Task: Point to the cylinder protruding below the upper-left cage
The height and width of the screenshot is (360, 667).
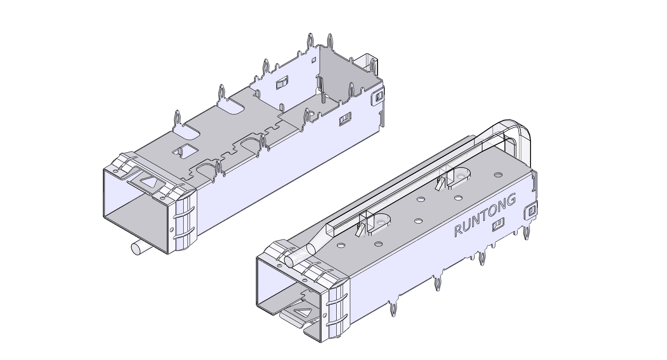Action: coord(138,248)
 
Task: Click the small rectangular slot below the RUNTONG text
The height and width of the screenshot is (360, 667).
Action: coord(498,225)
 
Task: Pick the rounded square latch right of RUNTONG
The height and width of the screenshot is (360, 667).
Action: coord(531,212)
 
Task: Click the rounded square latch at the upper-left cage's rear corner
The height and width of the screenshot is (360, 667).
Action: coord(378,97)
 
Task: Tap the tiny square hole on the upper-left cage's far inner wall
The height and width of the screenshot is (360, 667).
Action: coord(314,60)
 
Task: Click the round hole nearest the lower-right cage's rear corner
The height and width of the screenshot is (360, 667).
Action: coord(498,174)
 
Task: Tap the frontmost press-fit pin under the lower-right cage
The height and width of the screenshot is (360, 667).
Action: coord(393,310)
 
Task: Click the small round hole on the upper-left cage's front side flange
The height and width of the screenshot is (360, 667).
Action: coord(171,229)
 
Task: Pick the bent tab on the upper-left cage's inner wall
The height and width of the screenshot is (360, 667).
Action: coord(281,84)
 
